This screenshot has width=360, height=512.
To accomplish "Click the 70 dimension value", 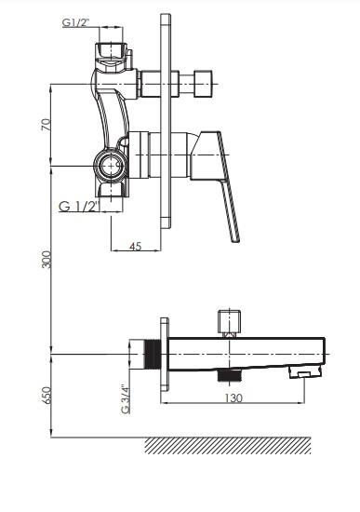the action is coord(46,125).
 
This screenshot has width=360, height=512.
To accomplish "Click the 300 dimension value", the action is coord(47,260).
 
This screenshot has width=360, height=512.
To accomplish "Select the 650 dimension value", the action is coord(47,396).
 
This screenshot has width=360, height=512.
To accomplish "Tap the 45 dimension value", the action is coord(136,246).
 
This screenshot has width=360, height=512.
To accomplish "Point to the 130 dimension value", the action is coord(233,398).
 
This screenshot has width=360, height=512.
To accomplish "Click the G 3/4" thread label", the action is coord(126,398).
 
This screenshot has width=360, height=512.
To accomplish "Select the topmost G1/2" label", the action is coord(75,22).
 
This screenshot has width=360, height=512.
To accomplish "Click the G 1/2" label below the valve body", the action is coord(79,207).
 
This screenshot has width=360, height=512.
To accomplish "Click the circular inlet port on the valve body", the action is coord(111,166).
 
